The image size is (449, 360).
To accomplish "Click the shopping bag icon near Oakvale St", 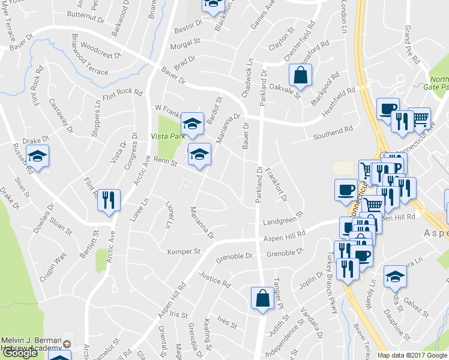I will point(300,76).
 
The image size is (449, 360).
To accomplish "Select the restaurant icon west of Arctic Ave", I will point(109,200).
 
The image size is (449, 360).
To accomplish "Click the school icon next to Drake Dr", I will point(38,158).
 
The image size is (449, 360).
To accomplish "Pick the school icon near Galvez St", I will point(395,277).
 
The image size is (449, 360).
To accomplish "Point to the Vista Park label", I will point(168,137).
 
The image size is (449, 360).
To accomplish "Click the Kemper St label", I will point(184,251).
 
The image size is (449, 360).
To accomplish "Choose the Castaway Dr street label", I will point(61,116).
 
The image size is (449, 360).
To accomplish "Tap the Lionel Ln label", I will point(170,215).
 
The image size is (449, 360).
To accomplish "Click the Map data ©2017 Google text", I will point(412,355).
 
